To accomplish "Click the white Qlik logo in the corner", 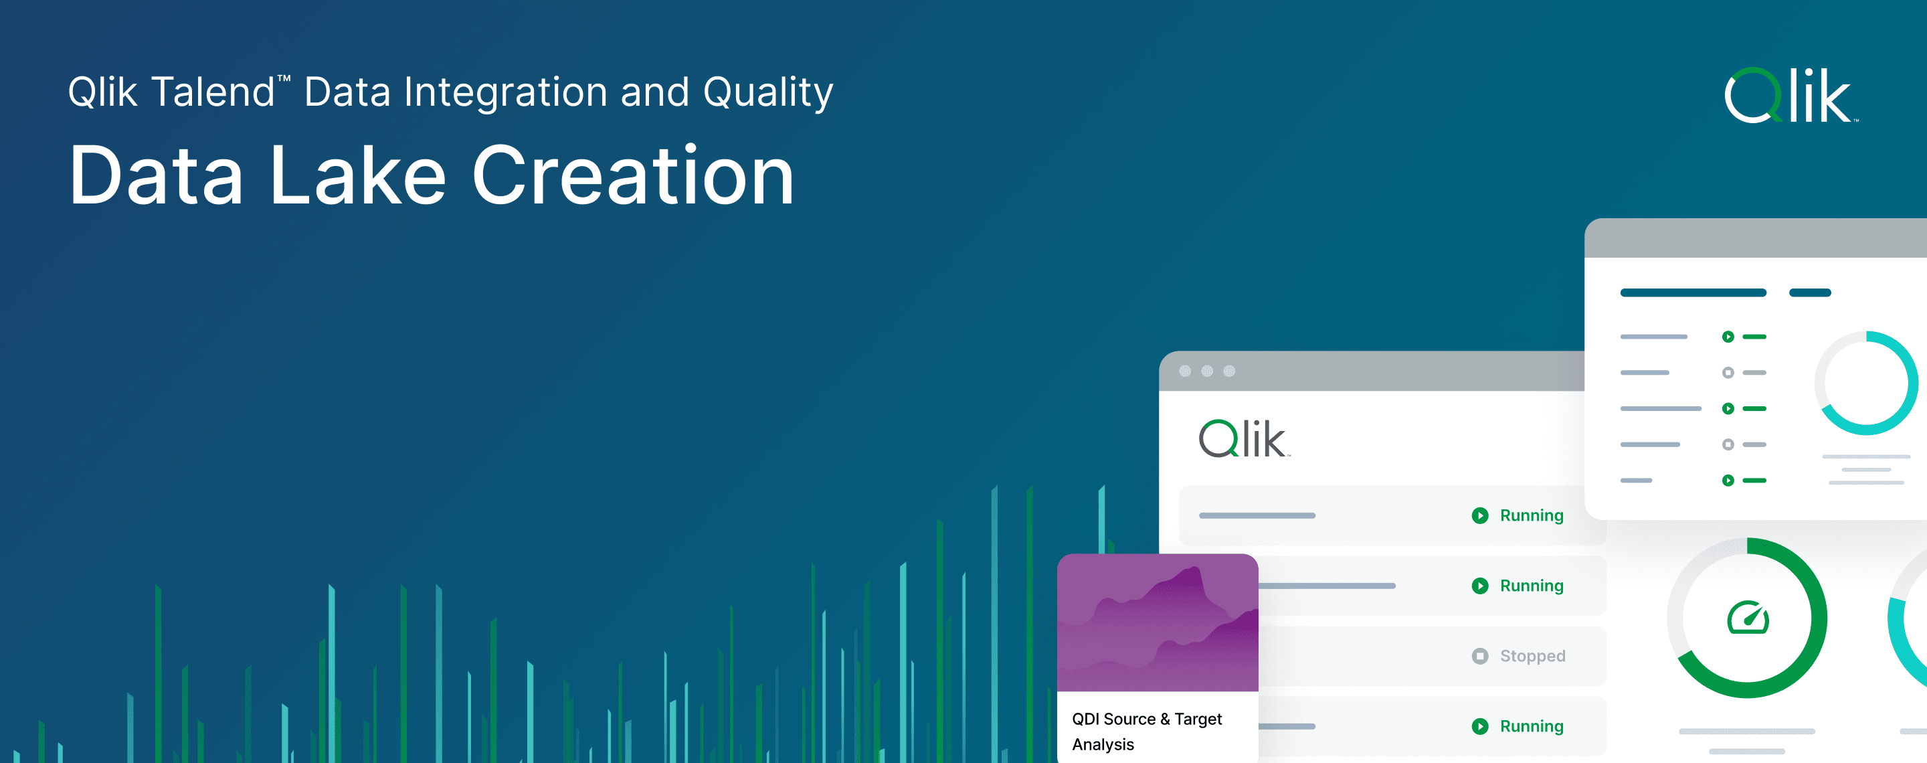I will pyautogui.click(x=1789, y=96).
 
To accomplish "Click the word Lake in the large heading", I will pyautogui.click(x=357, y=177).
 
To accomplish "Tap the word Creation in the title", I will pyautogui.click(x=632, y=177).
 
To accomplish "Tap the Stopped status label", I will pyautogui.click(x=1532, y=656).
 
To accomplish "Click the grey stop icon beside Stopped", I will pyautogui.click(x=1479, y=656).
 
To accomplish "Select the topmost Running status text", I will pyautogui.click(x=1532, y=515).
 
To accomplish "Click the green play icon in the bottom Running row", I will pyautogui.click(x=1479, y=726).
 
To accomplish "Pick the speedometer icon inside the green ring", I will pyautogui.click(x=1748, y=618).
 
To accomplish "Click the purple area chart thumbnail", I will pyautogui.click(x=1158, y=622).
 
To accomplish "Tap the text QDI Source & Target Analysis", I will pyautogui.click(x=1146, y=731).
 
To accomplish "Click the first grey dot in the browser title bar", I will pyautogui.click(x=1185, y=371).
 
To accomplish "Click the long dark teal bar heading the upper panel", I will pyautogui.click(x=1693, y=292).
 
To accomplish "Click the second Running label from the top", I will pyautogui.click(x=1532, y=586).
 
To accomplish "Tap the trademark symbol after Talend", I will pyautogui.click(x=284, y=78).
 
